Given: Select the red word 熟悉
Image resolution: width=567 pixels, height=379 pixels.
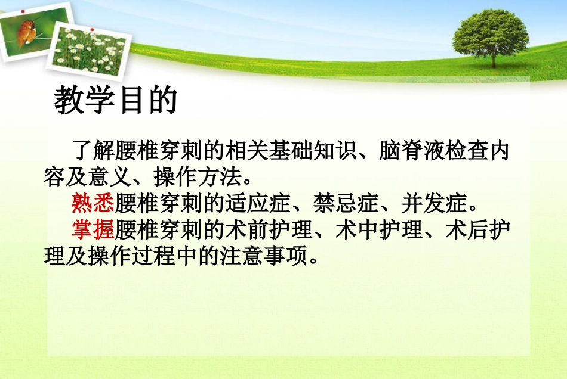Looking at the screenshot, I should click(x=93, y=204).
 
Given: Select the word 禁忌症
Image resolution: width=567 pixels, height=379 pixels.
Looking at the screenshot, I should click(x=346, y=204).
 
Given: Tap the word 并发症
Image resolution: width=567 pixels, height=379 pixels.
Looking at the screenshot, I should click(x=435, y=204).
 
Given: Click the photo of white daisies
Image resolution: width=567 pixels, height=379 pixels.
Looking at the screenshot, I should click(x=89, y=48).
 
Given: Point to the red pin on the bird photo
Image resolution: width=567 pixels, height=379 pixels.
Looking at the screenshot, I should click(x=22, y=11).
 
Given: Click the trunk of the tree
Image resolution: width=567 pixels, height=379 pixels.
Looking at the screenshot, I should click(x=494, y=60).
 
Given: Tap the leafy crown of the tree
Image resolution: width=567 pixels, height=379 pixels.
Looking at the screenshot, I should click(x=491, y=31).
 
